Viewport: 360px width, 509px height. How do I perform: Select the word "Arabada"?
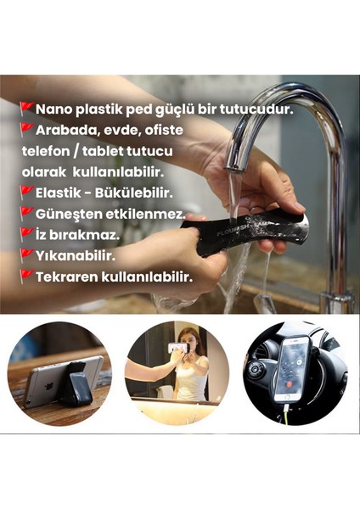pyautogui.click(x=65, y=131)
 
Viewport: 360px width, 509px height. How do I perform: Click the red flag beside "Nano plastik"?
pyautogui.click(x=26, y=109)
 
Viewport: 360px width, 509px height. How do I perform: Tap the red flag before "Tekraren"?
pyautogui.click(x=26, y=274)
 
